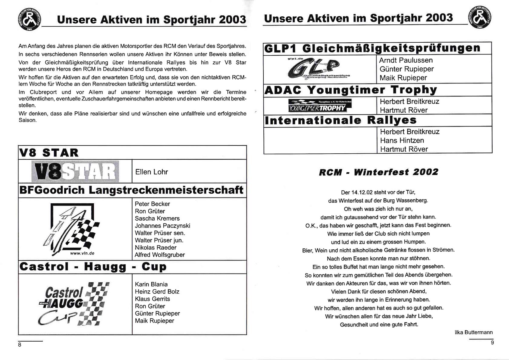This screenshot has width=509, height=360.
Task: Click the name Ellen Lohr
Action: pos(152,172)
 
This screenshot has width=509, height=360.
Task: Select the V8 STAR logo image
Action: pos(75,171)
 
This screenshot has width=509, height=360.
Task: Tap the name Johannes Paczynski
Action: pos(162,226)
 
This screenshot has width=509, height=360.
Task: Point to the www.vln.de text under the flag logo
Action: pos(82,253)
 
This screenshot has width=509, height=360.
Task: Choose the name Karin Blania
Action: pos(151,284)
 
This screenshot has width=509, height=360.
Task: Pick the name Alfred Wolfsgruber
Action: pos(160,255)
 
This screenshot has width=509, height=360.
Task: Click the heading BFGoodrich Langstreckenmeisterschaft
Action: pos(131,190)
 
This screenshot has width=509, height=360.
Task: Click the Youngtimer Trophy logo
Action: pos(320,106)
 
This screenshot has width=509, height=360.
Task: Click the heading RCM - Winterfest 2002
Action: pos(378,172)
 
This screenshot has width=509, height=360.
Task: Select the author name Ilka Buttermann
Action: pos(474,332)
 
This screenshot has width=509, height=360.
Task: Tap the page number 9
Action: pos(492,342)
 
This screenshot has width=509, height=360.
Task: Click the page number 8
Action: pos(20,345)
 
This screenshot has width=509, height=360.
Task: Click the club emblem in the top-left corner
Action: pos(29,19)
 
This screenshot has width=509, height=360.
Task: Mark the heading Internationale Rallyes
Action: pos(341,120)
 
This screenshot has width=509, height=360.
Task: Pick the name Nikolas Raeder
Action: pos(155,247)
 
